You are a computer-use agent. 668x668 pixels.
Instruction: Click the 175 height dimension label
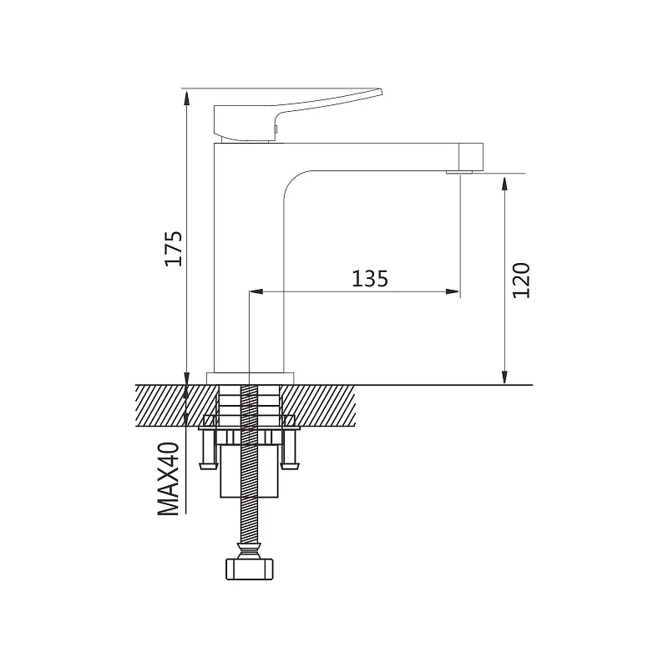tap(174, 248)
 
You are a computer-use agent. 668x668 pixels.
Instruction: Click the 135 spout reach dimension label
tap(370, 279)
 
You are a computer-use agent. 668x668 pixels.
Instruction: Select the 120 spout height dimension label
tap(521, 281)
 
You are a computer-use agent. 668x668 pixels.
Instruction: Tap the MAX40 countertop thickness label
tap(169, 478)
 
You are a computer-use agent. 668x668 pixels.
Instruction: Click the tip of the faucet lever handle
tap(382, 91)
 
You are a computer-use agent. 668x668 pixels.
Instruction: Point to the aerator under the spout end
tap(460, 172)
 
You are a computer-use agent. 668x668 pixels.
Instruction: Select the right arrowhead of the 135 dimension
tap(453, 291)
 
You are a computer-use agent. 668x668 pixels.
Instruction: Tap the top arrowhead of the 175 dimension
tap(186, 98)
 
